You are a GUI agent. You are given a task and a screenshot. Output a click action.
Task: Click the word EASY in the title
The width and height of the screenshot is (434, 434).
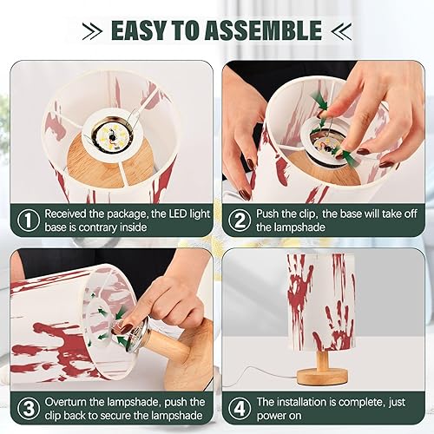coord(144,30)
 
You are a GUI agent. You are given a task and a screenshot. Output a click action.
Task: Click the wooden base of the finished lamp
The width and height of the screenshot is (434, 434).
coord(330,376)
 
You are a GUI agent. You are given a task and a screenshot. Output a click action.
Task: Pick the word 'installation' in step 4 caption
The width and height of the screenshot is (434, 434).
coord(307,401)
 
